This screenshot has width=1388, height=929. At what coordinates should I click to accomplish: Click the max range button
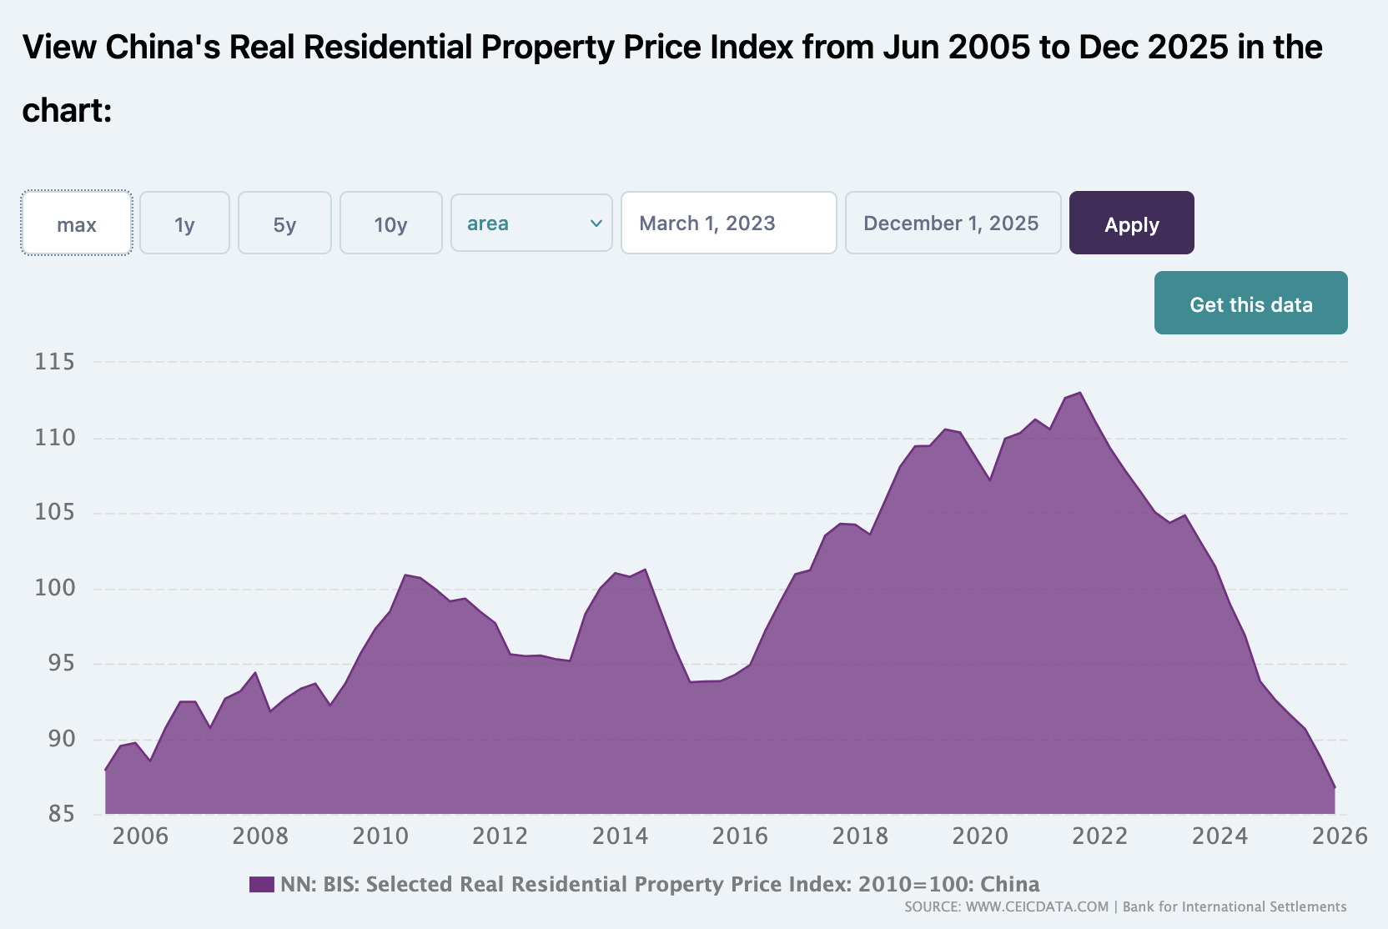point(77,223)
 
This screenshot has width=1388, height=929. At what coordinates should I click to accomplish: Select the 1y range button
point(184,223)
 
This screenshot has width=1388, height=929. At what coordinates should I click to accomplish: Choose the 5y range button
point(284,223)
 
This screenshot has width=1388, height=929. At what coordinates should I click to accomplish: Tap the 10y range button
point(390,223)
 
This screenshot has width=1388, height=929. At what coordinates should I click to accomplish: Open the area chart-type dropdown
point(531,223)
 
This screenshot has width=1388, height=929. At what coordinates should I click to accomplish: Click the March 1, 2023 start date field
point(728,223)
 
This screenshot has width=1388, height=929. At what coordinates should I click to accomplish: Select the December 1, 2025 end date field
point(953,223)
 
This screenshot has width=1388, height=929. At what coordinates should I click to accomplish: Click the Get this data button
point(1250,304)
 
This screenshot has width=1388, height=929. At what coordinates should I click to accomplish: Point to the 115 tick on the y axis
point(54,362)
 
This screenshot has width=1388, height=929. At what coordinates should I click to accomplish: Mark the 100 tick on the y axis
point(54,588)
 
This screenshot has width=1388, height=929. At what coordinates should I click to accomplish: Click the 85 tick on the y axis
point(61,814)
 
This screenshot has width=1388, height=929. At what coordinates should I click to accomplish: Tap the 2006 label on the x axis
point(140,836)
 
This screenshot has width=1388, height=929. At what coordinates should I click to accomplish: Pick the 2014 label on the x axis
point(620,836)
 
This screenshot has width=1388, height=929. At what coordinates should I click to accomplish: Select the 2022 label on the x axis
point(1099,836)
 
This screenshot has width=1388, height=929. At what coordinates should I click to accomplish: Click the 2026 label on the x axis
point(1340,836)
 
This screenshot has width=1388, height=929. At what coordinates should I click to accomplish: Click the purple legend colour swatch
point(262,885)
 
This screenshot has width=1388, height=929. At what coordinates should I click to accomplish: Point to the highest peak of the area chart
point(1080,393)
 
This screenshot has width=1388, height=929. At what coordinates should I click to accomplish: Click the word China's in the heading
point(163,48)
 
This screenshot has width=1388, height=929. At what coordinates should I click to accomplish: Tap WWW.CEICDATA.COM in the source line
point(1037,907)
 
